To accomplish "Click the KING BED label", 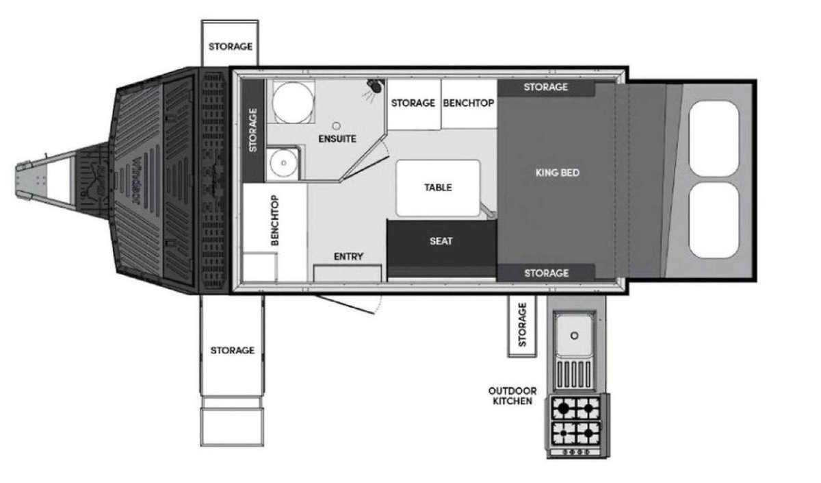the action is (x=558, y=173).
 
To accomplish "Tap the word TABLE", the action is (x=438, y=188).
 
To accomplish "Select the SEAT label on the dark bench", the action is (x=441, y=241).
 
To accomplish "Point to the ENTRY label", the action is (x=348, y=256).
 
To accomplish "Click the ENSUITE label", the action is (x=337, y=138).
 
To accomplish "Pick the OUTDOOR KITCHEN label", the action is (x=512, y=396).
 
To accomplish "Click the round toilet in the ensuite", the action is (x=293, y=102).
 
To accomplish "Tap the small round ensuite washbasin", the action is (x=283, y=163).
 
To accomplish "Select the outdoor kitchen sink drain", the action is (x=574, y=336).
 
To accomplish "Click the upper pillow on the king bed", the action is (x=714, y=138).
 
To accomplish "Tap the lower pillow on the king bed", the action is (x=714, y=220).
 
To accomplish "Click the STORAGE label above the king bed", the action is (x=546, y=87).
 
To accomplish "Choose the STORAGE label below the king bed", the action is (x=547, y=273).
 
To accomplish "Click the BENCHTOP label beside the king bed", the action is (x=469, y=103).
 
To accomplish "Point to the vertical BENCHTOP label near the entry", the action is (x=275, y=220).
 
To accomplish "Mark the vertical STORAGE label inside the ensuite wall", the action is (x=253, y=130).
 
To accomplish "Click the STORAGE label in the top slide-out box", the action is (x=231, y=47).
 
